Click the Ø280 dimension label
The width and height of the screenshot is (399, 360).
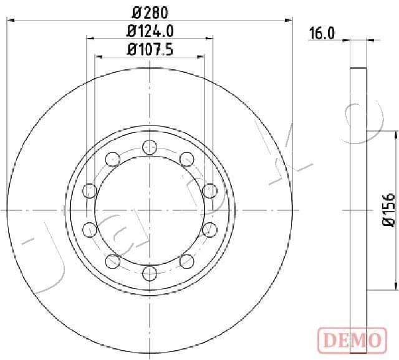tap(150, 12)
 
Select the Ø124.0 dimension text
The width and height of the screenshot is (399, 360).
tap(150, 29)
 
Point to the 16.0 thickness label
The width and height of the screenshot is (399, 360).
tap(322, 34)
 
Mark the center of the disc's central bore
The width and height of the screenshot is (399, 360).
tap(149, 210)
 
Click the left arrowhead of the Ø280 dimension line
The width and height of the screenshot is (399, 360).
tap(11, 21)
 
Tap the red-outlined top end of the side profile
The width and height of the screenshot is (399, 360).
tap(357, 67)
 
